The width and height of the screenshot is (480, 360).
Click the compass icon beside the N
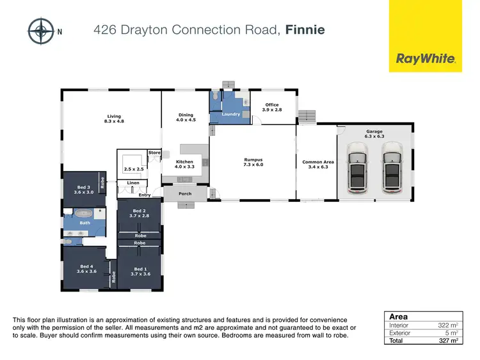pyautogui.click(x=41, y=29)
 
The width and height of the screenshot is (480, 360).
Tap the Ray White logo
pyautogui.click(x=426, y=58)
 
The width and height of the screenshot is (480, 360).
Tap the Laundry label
pyautogui.click(x=230, y=114)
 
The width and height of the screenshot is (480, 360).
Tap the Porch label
pyautogui.click(x=185, y=193)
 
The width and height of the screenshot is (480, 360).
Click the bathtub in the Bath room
pyautogui.click(x=84, y=213)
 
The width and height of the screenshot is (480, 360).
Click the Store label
pyautogui.click(x=154, y=152)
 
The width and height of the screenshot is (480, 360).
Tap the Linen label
pyautogui.click(x=132, y=183)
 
